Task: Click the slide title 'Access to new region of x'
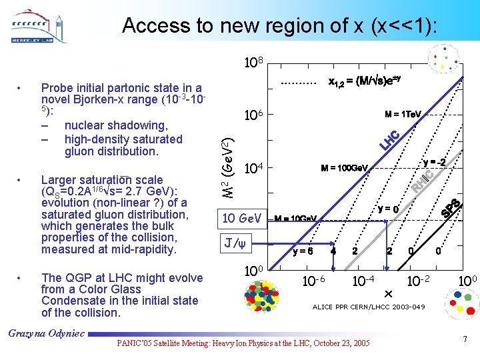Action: (x=280, y=26)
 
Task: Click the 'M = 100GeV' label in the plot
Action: (x=345, y=167)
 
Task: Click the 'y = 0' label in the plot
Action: (x=388, y=209)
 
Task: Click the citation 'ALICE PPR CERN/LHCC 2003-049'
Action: (x=369, y=307)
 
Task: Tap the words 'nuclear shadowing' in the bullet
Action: (x=116, y=125)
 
